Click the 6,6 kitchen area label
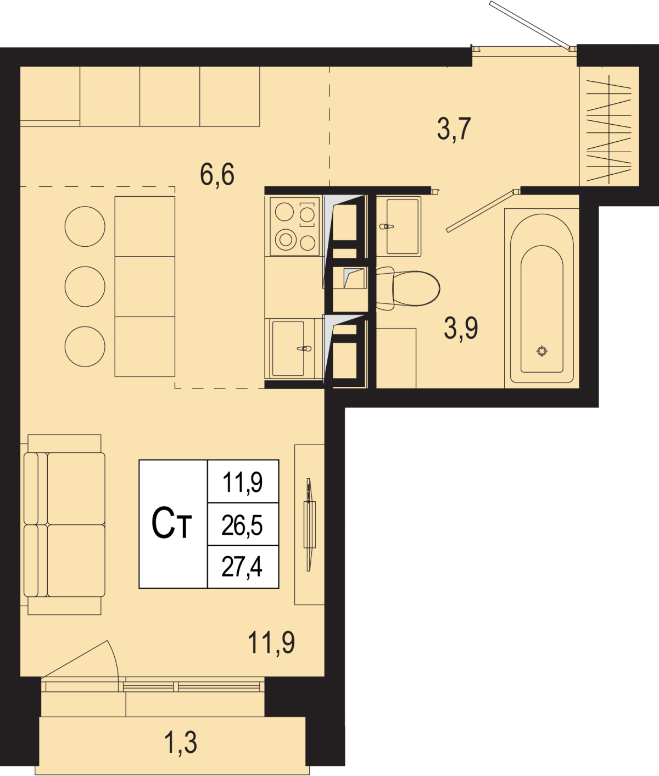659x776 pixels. tap(217, 175)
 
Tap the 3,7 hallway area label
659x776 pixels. tap(454, 129)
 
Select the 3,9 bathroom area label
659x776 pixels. tap(461, 328)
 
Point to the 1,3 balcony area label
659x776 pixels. tap(181, 742)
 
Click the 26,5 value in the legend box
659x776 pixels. tap(242, 525)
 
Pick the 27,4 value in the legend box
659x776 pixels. tap(242, 567)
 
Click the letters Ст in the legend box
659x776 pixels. tap(171, 523)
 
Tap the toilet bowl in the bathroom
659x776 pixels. tap(407, 289)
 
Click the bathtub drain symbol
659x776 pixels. tap(541, 351)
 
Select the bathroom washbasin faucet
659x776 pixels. tap(386, 226)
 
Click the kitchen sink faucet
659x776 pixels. tap(304, 348)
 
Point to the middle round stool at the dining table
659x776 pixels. tap(85, 286)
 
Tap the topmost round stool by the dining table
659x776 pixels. tap(85, 226)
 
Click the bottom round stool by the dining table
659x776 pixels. tap(85, 347)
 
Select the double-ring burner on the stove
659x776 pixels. tap(286, 240)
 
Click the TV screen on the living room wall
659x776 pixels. tap(309, 525)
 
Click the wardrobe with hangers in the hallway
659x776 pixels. tap(609, 126)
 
